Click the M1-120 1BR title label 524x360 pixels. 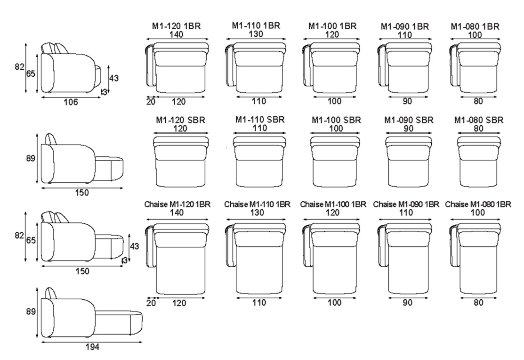click(177, 26)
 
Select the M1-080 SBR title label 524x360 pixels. click(478, 120)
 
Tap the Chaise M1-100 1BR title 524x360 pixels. click(333, 204)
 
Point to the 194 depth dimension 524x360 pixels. click(92, 347)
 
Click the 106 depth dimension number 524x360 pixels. click(71, 102)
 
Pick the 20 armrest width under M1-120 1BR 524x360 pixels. click(151, 101)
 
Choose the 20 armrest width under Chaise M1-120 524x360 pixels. click(151, 303)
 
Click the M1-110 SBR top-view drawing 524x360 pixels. click(260, 161)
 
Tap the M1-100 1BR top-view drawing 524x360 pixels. click(331, 67)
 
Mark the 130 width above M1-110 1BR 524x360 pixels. click(256, 34)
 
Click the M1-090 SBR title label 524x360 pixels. click(409, 120)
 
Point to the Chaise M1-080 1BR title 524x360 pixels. click(478, 204)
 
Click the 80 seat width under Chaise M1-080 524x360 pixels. click(478, 303)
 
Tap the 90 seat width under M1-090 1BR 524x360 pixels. click(407, 101)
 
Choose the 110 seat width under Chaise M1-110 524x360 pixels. click(259, 303)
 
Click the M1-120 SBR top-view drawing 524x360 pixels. click(180, 161)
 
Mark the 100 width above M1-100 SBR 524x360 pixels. click(336, 128)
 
